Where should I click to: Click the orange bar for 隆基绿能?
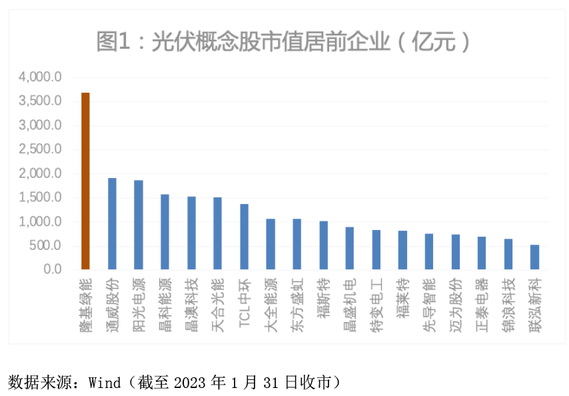pyautogui.click(x=85, y=181)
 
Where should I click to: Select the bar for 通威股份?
pyautogui.click(x=112, y=223)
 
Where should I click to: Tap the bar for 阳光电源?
pyautogui.click(x=138, y=225)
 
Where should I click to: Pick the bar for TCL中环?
pyautogui.click(x=244, y=237)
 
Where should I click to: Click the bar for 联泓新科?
pyautogui.click(x=534, y=257)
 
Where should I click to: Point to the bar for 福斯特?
pyautogui.click(x=323, y=245)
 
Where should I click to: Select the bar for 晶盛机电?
pyautogui.click(x=350, y=248)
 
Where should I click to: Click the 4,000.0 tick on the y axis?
pyautogui.click(x=40, y=77)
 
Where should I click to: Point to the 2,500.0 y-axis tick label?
pyautogui.click(x=40, y=149)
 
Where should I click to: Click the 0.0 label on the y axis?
pyautogui.click(x=52, y=270)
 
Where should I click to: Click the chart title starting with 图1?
pyautogui.click(x=284, y=41)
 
